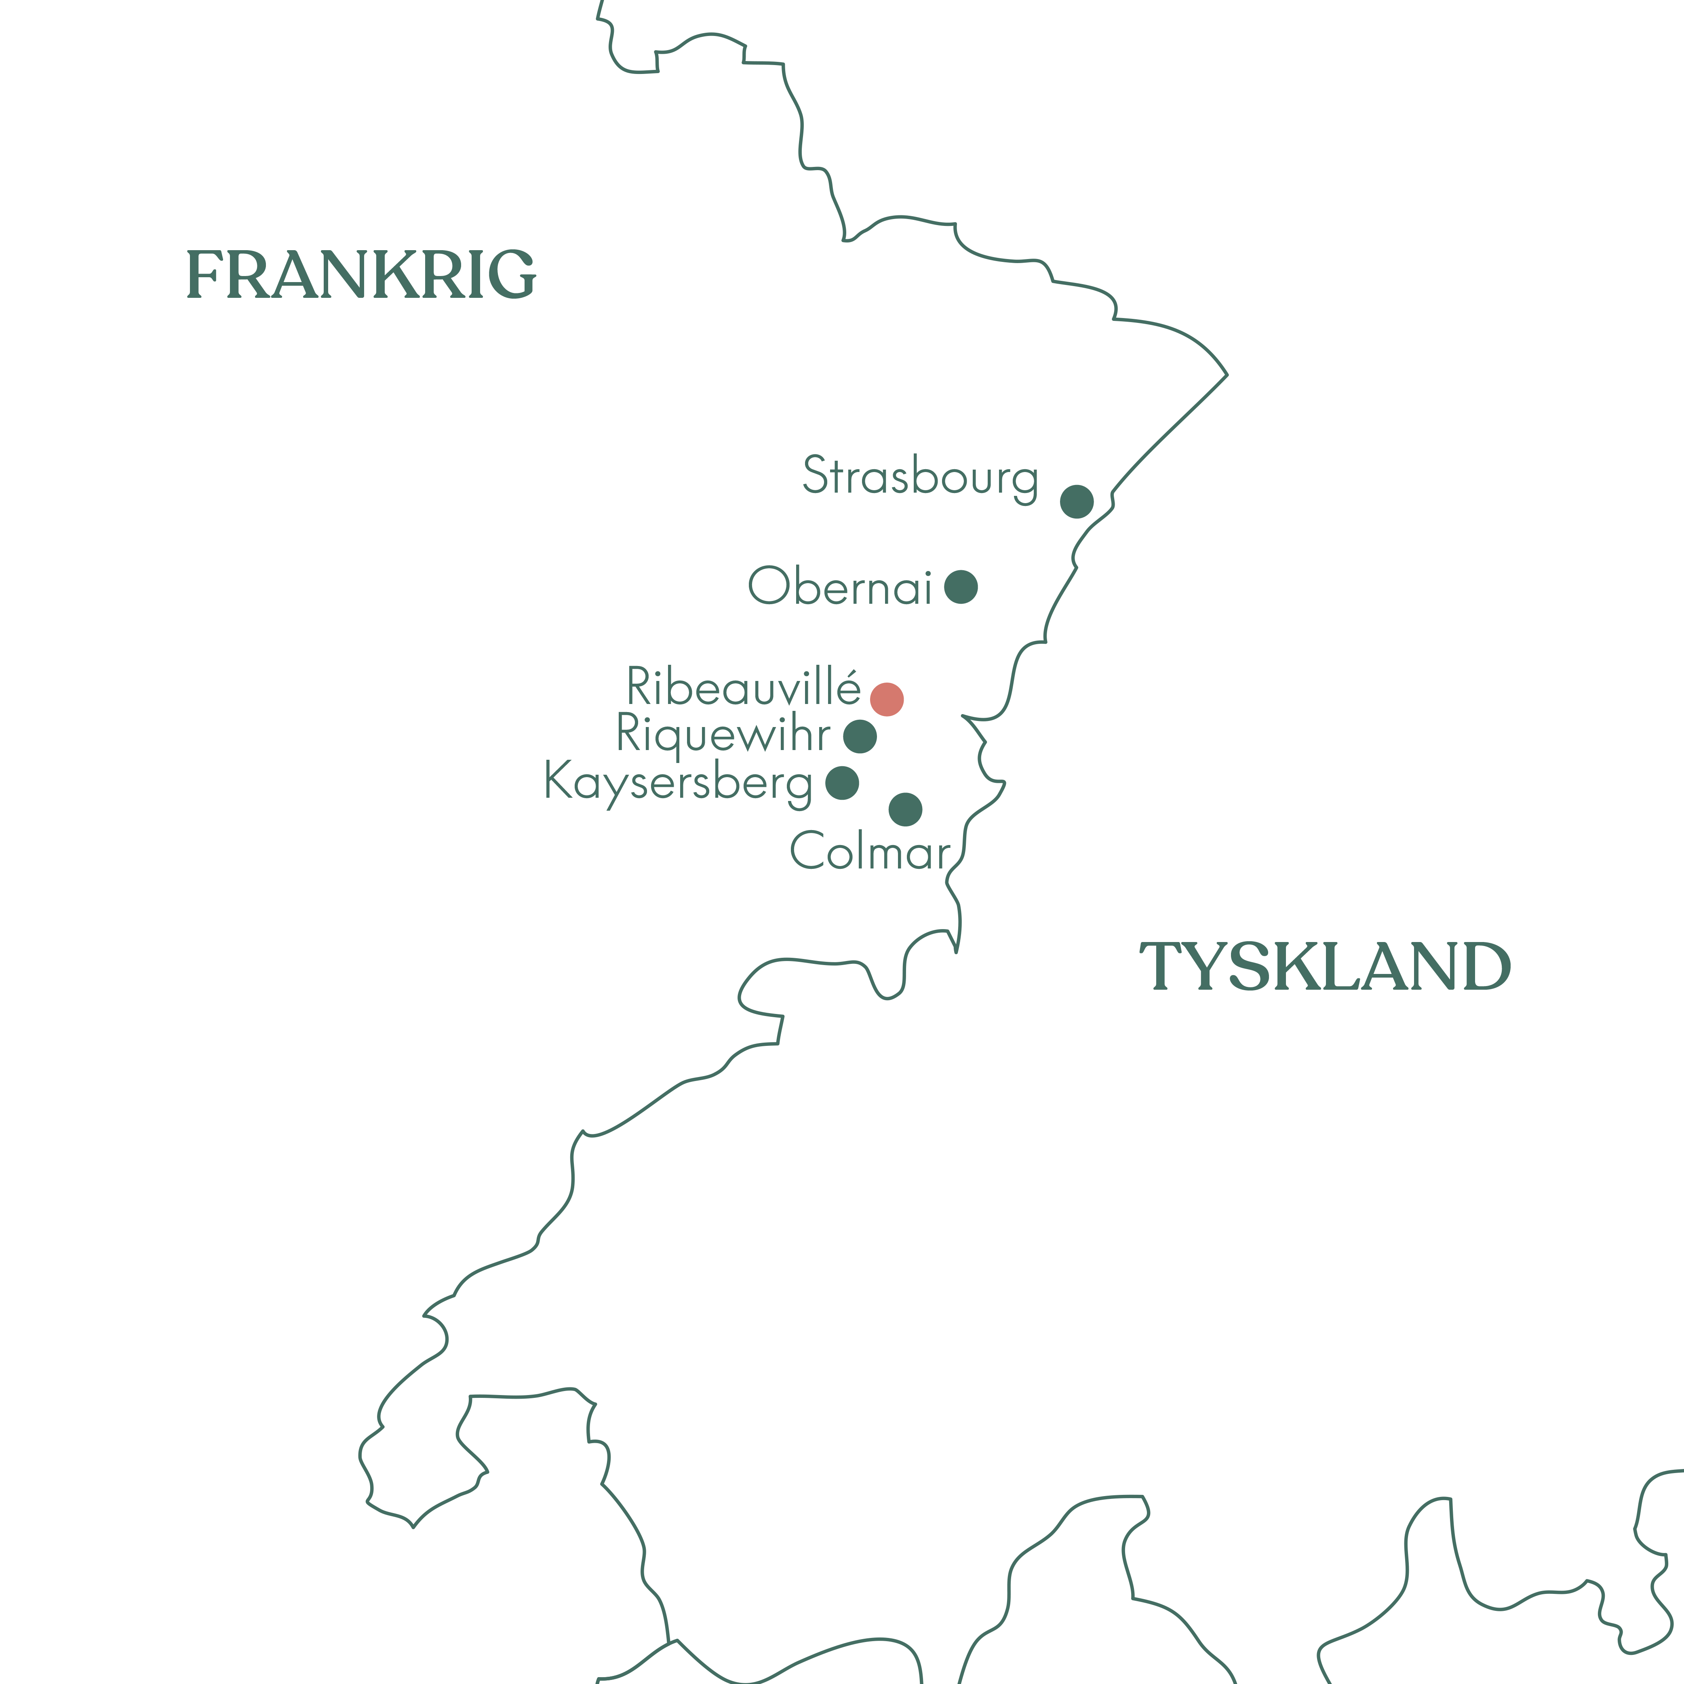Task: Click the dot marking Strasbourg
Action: [x=1077, y=501]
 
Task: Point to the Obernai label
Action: [x=840, y=587]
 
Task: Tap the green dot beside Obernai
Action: [x=961, y=587]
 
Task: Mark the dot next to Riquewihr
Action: [x=860, y=737]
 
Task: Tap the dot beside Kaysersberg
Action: [x=842, y=783]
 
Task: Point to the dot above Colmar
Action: [x=906, y=809]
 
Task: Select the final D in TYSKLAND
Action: [x=1486, y=966]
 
